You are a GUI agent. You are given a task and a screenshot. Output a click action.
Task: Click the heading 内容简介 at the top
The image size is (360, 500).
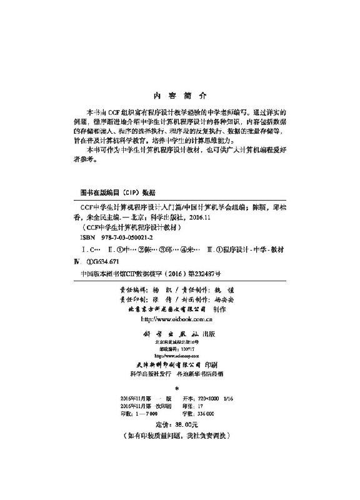point(180,97)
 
